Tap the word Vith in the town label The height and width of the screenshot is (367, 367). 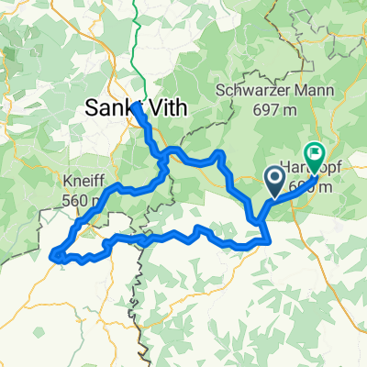coord(164,108)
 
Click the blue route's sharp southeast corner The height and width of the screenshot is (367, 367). coord(267,242)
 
